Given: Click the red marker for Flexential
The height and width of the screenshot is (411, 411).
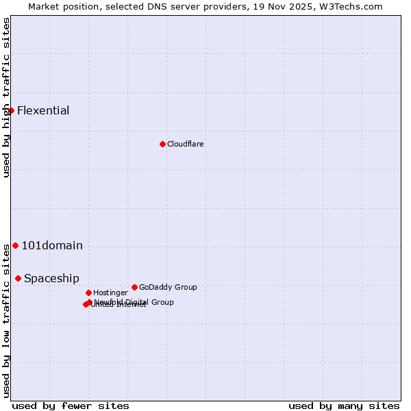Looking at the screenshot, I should pyautogui.click(x=11, y=110).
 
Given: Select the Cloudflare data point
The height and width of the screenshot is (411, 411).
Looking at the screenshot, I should pyautogui.click(x=162, y=144).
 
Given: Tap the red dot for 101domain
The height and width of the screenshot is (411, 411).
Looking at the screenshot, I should pyautogui.click(x=15, y=245).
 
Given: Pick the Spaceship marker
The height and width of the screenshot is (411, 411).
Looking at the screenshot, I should pyautogui.click(x=18, y=278).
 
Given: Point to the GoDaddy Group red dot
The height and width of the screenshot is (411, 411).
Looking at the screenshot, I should pyautogui.click(x=134, y=287).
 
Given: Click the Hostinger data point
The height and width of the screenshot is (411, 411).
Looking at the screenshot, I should pyautogui.click(x=88, y=292).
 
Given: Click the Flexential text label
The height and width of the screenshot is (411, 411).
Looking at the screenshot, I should pyautogui.click(x=43, y=110).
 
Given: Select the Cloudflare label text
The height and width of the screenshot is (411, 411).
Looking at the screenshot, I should pyautogui.click(x=185, y=144).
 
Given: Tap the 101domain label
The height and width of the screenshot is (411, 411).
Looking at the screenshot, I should pyautogui.click(x=52, y=245).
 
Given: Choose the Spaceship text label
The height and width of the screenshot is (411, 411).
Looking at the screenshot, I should pyautogui.click(x=51, y=278).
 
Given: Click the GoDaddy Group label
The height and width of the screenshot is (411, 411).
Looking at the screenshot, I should pyautogui.click(x=168, y=287).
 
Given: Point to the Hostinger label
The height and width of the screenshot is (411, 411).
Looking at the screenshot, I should pyautogui.click(x=110, y=292).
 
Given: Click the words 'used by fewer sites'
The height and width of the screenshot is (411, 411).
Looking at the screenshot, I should pyautogui.click(x=71, y=406).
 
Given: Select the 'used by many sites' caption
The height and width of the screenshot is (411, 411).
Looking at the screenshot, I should pyautogui.click(x=344, y=406).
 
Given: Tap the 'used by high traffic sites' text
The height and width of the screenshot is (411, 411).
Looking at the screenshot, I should pyautogui.click(x=6, y=97).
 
